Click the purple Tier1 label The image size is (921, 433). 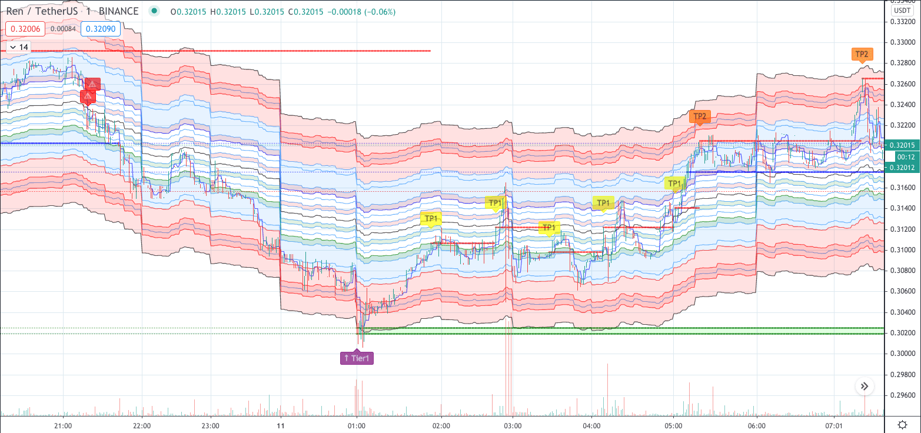pyautogui.click(x=357, y=358)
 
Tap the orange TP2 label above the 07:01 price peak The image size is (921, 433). pyautogui.click(x=862, y=54)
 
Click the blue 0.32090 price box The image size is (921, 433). pyautogui.click(x=101, y=29)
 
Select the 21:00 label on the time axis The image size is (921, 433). pyautogui.click(x=63, y=425)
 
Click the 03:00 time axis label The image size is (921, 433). pyautogui.click(x=513, y=425)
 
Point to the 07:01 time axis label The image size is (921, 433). pyautogui.click(x=834, y=425)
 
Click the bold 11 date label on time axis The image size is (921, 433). pyautogui.click(x=281, y=425)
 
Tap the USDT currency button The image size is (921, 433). pyautogui.click(x=902, y=11)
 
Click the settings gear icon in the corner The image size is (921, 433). pyautogui.click(x=902, y=424)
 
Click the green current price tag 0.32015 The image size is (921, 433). pyautogui.click(x=902, y=145)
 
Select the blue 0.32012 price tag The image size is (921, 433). pyautogui.click(x=902, y=168)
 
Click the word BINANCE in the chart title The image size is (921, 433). pyautogui.click(x=119, y=12)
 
